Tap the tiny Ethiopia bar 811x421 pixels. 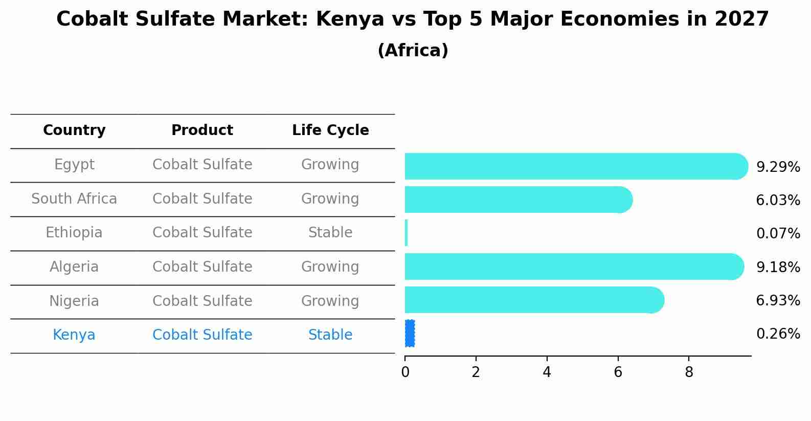[x=407, y=233]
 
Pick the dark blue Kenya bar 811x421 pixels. [x=410, y=334]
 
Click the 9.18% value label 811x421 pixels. [x=778, y=267]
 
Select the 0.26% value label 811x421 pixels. [x=778, y=334]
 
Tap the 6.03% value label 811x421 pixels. [x=778, y=200]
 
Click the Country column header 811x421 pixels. [x=74, y=130]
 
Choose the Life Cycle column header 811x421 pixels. [x=330, y=130]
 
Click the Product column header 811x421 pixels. [x=202, y=130]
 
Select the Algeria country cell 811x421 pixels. [x=74, y=267]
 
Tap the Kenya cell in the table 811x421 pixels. [x=74, y=335]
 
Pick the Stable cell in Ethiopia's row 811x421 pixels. [x=330, y=233]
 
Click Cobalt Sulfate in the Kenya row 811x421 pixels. [x=202, y=335]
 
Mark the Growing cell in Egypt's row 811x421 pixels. [x=330, y=165]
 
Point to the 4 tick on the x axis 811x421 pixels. [x=547, y=372]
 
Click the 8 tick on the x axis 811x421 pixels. [x=689, y=372]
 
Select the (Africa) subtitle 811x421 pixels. [x=413, y=51]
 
